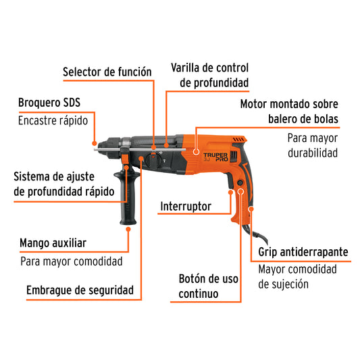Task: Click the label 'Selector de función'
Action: (x=107, y=72)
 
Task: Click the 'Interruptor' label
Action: (x=186, y=207)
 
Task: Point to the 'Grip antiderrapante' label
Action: (x=303, y=253)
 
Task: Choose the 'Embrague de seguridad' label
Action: (x=80, y=291)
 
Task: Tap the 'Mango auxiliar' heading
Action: (x=62, y=242)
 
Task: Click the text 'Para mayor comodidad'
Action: (x=71, y=261)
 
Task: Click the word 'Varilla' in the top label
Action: (x=187, y=68)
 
